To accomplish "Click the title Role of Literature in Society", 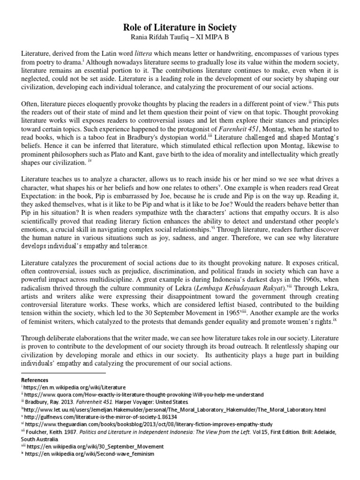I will click(180, 28).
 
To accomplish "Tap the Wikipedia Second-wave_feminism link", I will click(89, 454).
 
